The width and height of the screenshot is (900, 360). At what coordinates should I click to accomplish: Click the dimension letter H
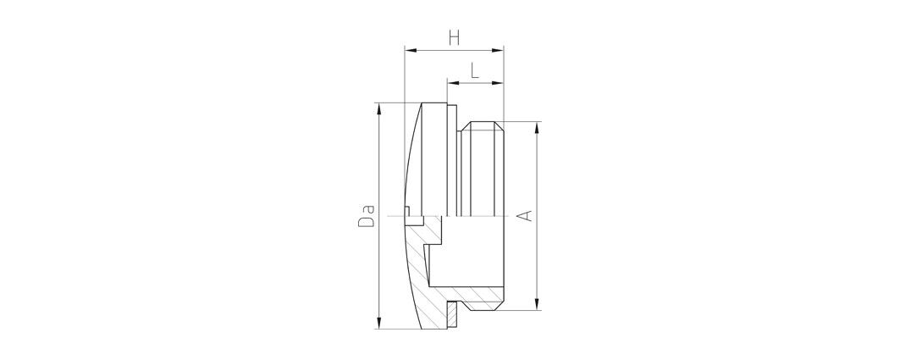454,38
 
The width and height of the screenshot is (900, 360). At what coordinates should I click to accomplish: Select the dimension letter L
475,70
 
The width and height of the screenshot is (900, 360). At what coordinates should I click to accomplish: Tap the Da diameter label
367,215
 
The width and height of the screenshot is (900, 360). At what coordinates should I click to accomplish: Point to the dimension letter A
525,215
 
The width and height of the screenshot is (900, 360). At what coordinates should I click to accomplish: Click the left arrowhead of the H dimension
410,51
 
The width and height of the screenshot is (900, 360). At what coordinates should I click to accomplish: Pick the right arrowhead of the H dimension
498,51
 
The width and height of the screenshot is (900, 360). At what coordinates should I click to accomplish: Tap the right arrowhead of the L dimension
498,83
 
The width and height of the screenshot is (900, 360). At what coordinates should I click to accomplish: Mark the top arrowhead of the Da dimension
378,108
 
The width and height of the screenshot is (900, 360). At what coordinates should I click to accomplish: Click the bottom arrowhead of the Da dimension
378,324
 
